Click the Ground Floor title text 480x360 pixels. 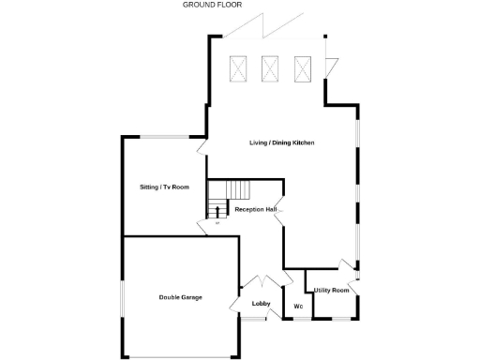tap(212, 5)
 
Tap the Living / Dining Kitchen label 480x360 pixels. tap(281, 142)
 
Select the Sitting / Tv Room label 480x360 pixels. tap(164, 187)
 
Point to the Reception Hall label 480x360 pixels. tap(256, 209)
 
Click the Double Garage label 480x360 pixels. tap(180, 298)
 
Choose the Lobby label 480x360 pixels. tap(261, 304)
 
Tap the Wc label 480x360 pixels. tap(298, 307)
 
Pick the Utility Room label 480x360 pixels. tap(332, 291)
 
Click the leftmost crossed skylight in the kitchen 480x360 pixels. tap(239, 68)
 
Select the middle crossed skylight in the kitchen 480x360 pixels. tap(271, 68)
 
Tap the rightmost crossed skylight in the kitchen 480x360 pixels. tap(303, 68)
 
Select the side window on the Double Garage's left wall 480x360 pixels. tap(123, 301)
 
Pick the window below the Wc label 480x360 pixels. tap(298, 320)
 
